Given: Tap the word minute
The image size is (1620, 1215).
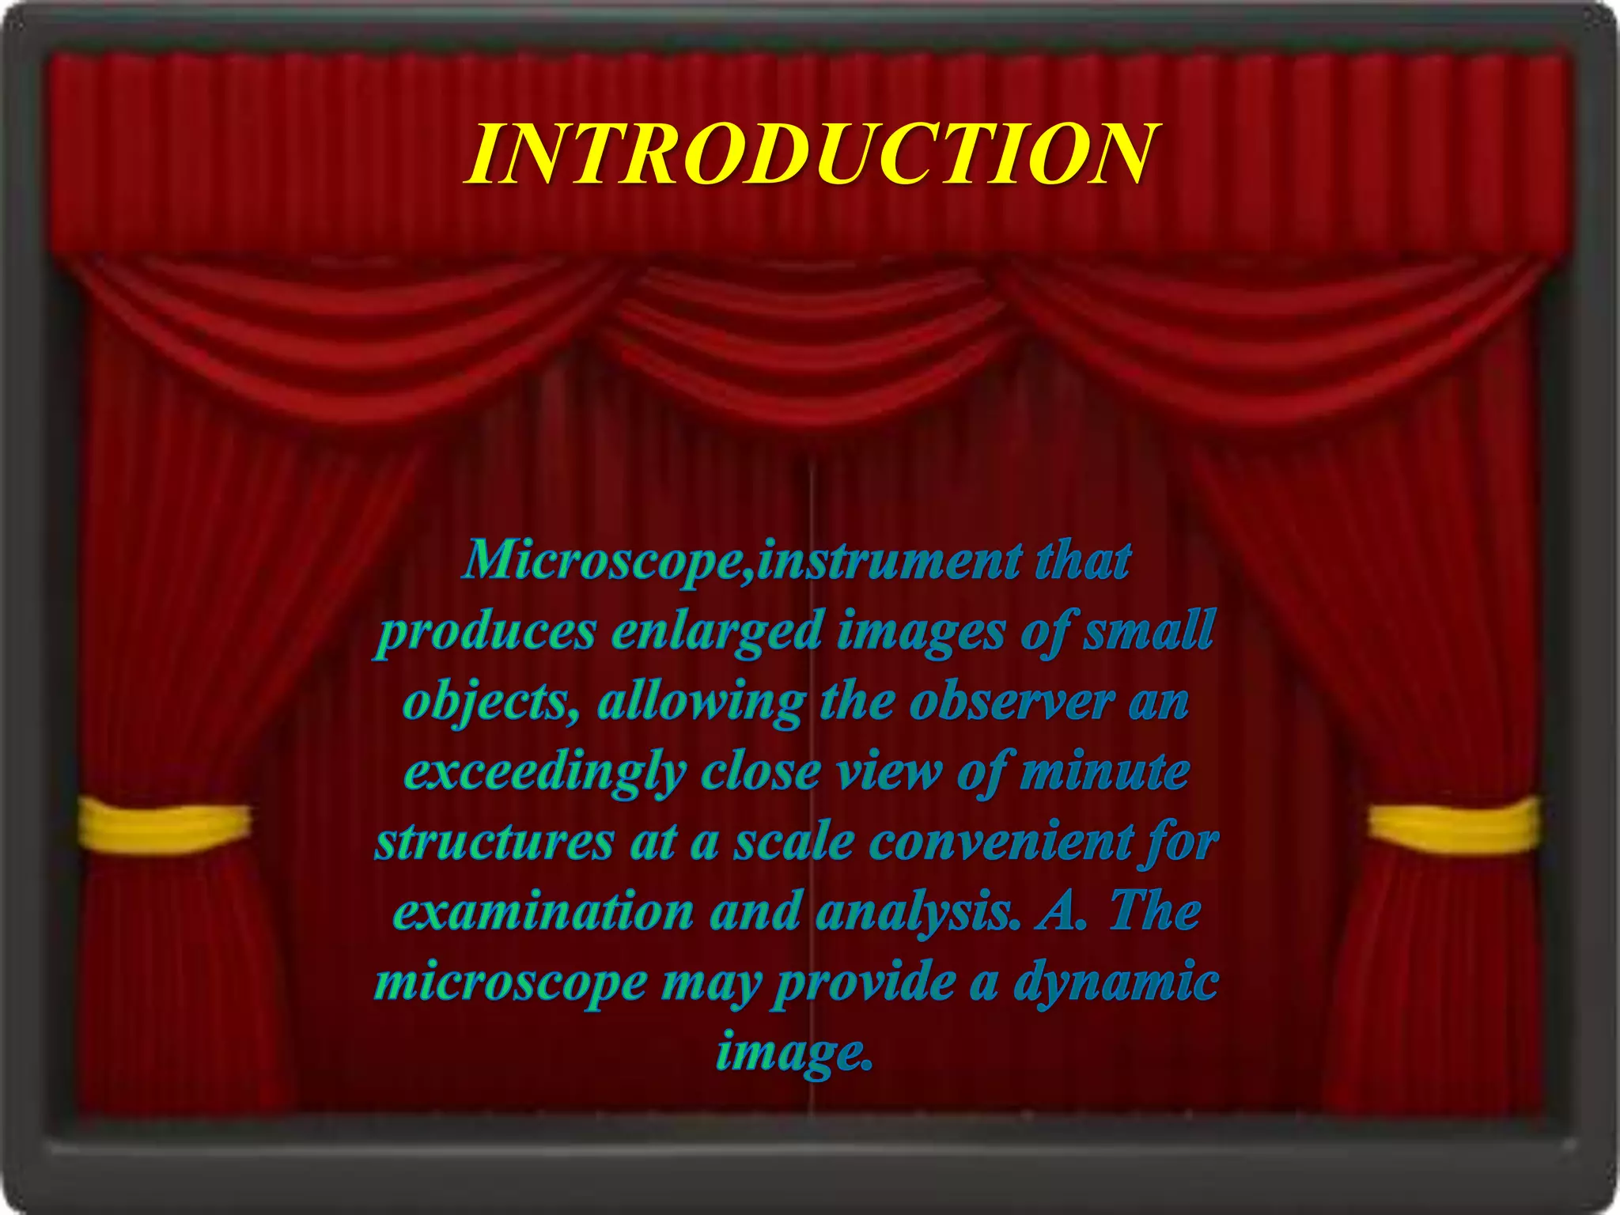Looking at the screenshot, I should pos(1104,771).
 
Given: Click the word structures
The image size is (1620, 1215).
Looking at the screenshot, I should pos(494,841).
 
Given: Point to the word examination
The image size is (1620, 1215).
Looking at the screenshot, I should pos(543,912).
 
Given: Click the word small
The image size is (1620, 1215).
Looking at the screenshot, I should pos(1149,631).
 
